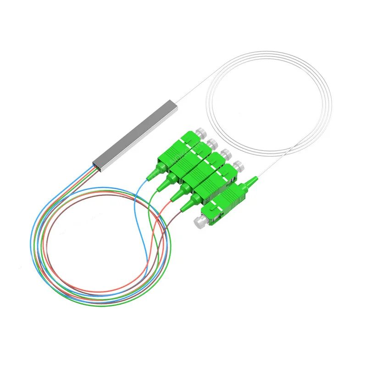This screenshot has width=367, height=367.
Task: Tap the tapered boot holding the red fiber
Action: click(177, 195)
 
